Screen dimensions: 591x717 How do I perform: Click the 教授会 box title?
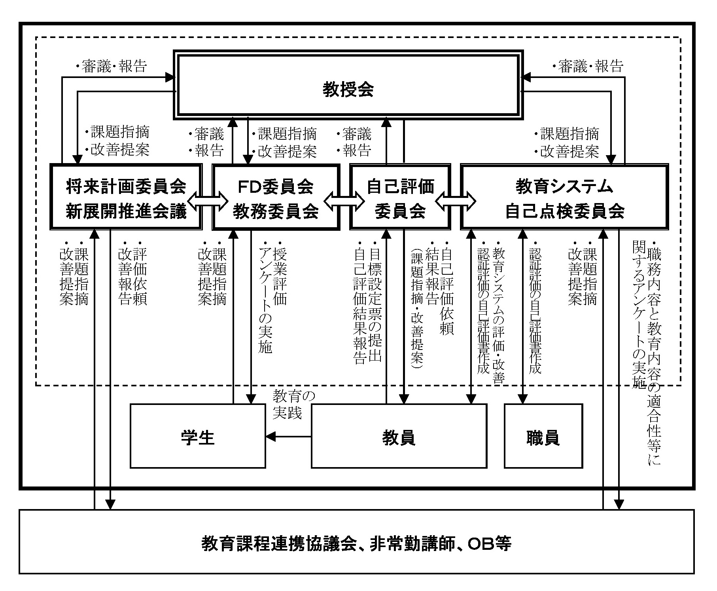pos(348,89)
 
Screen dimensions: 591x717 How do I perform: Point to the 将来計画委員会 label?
pos(126,186)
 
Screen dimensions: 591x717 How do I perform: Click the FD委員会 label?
pos(276,186)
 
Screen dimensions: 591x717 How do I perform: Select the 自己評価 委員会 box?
pos(400,198)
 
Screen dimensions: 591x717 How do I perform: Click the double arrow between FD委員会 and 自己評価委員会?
pos(344,201)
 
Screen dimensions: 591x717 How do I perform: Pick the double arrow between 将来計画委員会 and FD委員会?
pos(208,201)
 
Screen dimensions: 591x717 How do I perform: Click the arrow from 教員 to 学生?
pos(288,437)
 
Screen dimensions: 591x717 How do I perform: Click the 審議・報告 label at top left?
pos(112,66)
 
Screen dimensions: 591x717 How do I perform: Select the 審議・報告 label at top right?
pos(588,66)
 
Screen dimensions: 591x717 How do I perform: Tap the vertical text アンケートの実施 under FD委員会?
pos(265,301)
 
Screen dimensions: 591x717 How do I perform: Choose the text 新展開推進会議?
pos(126,211)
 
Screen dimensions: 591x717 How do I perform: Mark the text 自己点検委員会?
pos(564,211)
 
